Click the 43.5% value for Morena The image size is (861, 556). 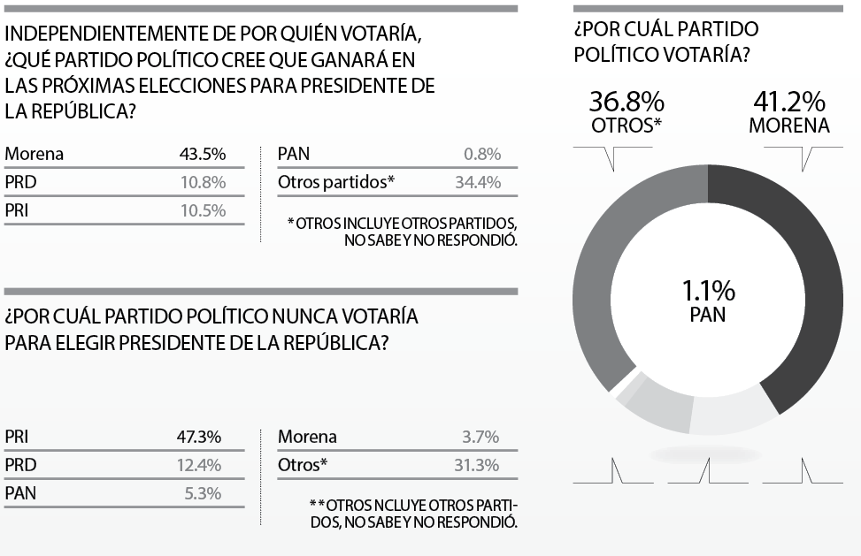202,154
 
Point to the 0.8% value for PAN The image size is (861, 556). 482,154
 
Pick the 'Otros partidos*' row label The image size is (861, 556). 335,182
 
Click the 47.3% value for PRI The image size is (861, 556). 199,437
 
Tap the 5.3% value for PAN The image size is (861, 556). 204,493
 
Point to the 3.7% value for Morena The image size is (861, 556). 480,437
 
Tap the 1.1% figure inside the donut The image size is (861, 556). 708,290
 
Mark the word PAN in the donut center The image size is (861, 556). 708,315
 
